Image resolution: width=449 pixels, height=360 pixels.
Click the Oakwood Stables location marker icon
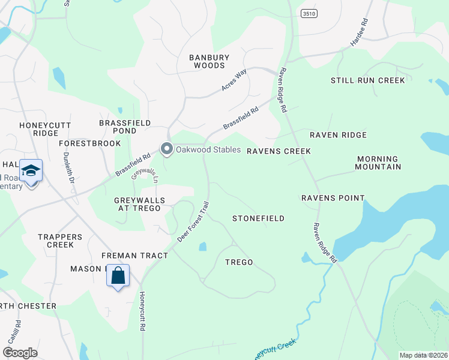tap(166, 148)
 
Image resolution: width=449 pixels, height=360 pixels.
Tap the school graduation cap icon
tap(31, 171)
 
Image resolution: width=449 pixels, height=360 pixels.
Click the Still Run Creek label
tap(367, 80)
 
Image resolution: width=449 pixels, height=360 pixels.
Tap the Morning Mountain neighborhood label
tap(378, 163)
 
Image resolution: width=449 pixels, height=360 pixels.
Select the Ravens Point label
tap(333, 198)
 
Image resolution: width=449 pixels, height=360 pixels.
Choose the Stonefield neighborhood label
tap(258, 218)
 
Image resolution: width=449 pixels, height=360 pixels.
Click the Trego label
tap(239, 262)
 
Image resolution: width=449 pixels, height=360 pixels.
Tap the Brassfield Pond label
tap(125, 127)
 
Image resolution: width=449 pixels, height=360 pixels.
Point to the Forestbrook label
tap(90, 143)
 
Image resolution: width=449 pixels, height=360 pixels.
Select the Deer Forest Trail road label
tap(193, 221)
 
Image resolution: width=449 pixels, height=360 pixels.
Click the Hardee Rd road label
tap(358, 37)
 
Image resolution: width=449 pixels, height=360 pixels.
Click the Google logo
tap(20, 353)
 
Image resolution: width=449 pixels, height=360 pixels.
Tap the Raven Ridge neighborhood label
tap(337, 135)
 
